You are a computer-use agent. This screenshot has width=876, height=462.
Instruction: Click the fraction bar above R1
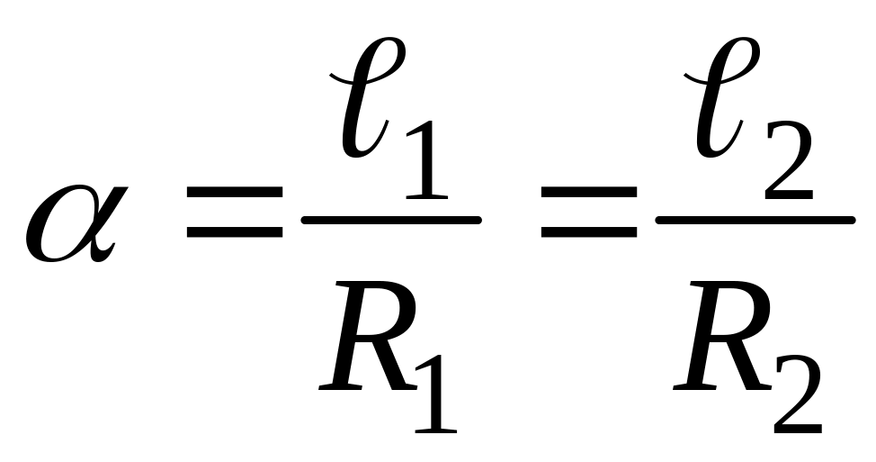click(389, 219)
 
